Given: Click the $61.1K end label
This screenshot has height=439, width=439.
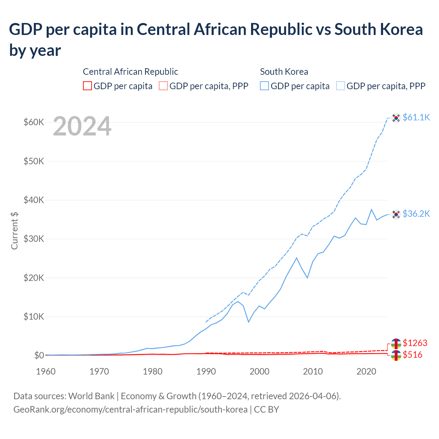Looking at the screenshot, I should (416, 117).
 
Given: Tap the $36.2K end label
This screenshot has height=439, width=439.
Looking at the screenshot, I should (416, 214).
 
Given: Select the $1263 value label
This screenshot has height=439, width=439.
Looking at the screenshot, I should (415, 343).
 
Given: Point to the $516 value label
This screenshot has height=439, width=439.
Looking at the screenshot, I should (413, 355).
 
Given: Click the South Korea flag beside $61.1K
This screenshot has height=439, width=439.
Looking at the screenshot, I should (396, 118).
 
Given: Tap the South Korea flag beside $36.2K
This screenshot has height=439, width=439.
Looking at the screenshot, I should (396, 214).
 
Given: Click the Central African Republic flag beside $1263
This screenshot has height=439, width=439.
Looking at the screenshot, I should (396, 343).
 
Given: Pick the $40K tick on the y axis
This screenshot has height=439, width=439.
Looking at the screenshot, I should (34, 200).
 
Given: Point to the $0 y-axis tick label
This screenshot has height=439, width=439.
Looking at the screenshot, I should (39, 355).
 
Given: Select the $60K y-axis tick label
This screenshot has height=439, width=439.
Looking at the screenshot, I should (34, 122).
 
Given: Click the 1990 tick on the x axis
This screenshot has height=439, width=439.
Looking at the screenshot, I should (206, 371).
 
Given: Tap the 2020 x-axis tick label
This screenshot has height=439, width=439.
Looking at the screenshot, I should (366, 371).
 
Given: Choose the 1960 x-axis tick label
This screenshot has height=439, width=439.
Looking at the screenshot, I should (46, 371).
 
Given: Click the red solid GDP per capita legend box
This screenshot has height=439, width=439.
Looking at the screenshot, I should (87, 86).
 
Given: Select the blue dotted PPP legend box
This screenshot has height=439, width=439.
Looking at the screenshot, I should (341, 86).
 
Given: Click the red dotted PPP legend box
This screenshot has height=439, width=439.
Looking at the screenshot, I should (163, 86).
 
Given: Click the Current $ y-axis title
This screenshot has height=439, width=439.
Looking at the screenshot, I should (14, 230).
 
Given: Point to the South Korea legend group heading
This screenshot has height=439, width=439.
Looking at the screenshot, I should (284, 72).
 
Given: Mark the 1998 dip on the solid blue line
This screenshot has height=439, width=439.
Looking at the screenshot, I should (249, 322).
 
